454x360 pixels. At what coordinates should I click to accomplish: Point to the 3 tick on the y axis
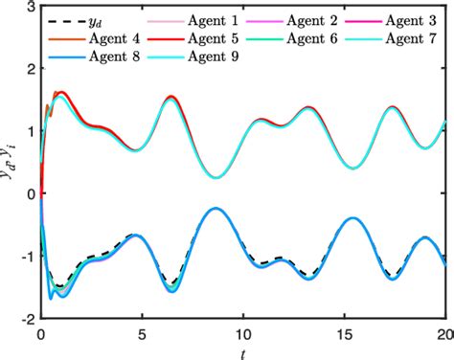click(x=31, y=8)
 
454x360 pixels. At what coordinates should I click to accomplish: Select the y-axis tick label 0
click(x=31, y=193)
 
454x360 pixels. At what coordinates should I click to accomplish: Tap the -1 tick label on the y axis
click(x=27, y=256)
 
